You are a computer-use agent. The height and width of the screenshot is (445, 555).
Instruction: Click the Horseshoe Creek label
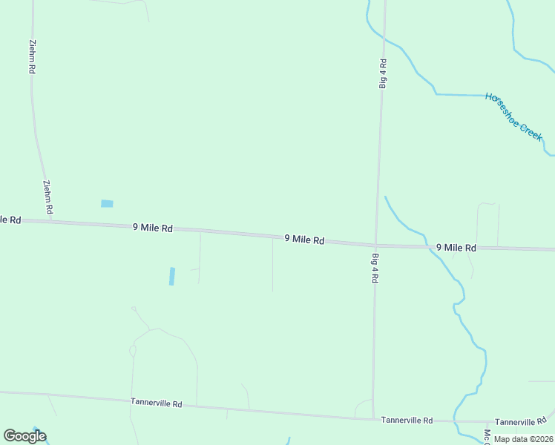(x=514, y=116)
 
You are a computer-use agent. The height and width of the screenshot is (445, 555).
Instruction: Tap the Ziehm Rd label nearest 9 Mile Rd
(x=47, y=198)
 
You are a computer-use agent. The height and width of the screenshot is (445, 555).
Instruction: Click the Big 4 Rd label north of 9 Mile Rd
(x=383, y=73)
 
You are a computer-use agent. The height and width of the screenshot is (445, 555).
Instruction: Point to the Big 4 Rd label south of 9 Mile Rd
(x=375, y=268)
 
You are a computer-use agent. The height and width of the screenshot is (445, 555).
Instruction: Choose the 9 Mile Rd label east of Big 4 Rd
(x=456, y=248)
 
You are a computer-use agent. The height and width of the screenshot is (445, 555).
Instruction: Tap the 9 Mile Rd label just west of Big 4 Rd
(x=304, y=240)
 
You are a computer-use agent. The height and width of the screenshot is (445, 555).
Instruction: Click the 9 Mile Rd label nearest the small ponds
(x=153, y=228)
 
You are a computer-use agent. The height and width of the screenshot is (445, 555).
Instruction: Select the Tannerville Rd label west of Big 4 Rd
(x=157, y=403)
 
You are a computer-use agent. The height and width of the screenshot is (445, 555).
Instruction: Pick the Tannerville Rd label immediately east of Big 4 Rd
(x=407, y=420)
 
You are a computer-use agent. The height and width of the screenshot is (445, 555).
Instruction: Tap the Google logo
(x=24, y=436)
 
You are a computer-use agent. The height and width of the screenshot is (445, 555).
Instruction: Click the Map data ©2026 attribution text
(x=523, y=439)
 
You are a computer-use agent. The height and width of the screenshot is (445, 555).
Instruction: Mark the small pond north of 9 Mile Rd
(x=107, y=203)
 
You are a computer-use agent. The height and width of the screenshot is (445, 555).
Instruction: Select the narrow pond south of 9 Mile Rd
(x=172, y=276)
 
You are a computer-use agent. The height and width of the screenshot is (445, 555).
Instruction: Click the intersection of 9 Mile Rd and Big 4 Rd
(x=376, y=244)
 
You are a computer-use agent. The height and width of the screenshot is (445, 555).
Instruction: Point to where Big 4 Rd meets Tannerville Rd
(x=373, y=419)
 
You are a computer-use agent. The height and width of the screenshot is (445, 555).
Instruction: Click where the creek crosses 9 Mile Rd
(x=428, y=246)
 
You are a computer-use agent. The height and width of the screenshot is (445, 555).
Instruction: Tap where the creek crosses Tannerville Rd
(x=458, y=421)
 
